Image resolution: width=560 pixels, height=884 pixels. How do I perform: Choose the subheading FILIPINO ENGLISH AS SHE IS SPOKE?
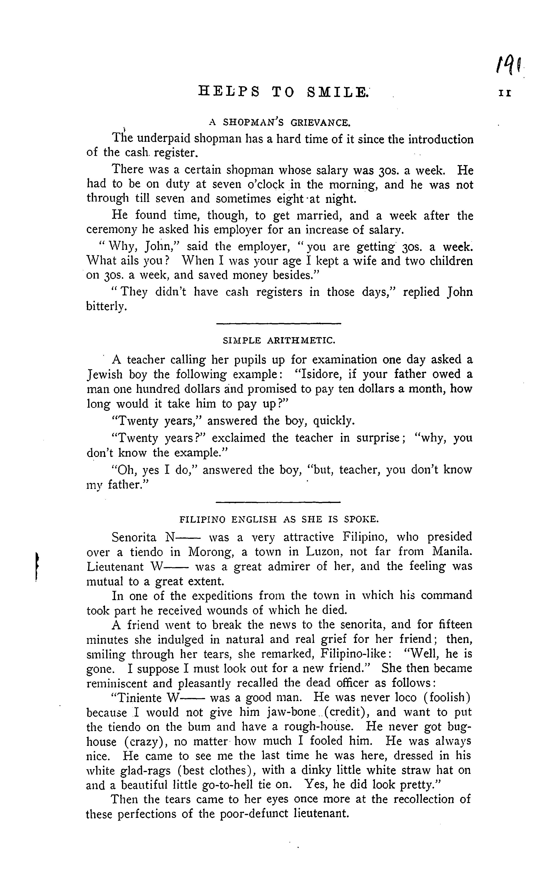[279, 519]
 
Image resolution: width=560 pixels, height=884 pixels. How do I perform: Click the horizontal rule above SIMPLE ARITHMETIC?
[279, 323]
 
